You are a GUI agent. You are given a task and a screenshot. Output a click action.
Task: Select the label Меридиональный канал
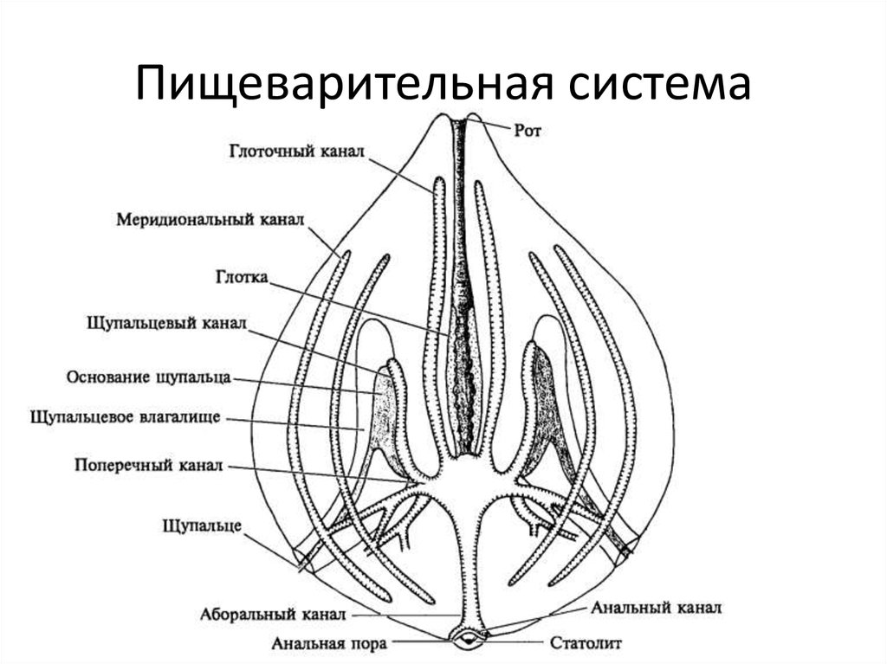(x=210, y=219)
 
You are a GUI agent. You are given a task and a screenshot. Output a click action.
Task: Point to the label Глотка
(x=242, y=279)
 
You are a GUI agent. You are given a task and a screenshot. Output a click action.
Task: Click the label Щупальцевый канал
(x=167, y=322)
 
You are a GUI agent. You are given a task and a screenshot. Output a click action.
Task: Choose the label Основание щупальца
(x=148, y=378)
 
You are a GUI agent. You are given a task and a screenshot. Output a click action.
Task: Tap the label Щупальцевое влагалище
(x=126, y=417)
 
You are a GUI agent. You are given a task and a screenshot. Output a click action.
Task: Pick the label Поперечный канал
(x=149, y=466)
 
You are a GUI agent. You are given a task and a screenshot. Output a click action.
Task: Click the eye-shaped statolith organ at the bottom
(x=468, y=640)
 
